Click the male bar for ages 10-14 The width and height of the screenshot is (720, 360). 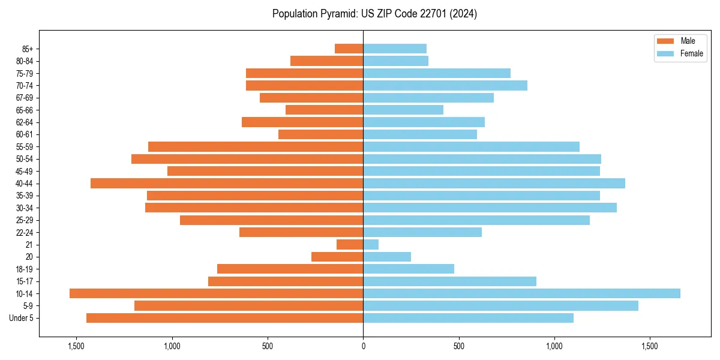[216, 293]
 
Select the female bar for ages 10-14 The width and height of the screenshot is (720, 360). [521, 293]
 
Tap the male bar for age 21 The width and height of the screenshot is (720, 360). [350, 244]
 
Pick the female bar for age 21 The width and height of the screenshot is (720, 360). [371, 244]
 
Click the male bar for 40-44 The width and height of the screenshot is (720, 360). [227, 183]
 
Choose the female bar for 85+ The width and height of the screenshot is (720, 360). [395, 49]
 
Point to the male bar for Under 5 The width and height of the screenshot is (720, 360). [224, 318]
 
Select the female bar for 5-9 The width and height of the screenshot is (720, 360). [500, 306]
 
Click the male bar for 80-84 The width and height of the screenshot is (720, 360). [326, 61]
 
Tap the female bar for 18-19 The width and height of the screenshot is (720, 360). [409, 269]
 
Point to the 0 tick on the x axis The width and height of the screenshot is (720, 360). [363, 346]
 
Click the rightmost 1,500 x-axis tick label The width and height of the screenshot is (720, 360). [650, 346]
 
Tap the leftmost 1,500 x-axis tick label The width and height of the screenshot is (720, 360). [76, 346]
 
